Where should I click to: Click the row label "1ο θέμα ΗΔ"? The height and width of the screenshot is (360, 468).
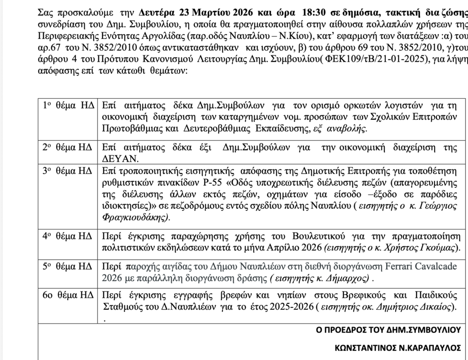click(x=68, y=105)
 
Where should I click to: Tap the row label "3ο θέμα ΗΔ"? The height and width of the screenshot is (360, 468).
click(x=68, y=171)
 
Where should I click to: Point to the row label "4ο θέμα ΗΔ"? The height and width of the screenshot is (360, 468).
click(x=68, y=237)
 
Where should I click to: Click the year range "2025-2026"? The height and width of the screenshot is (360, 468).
click(x=289, y=306)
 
